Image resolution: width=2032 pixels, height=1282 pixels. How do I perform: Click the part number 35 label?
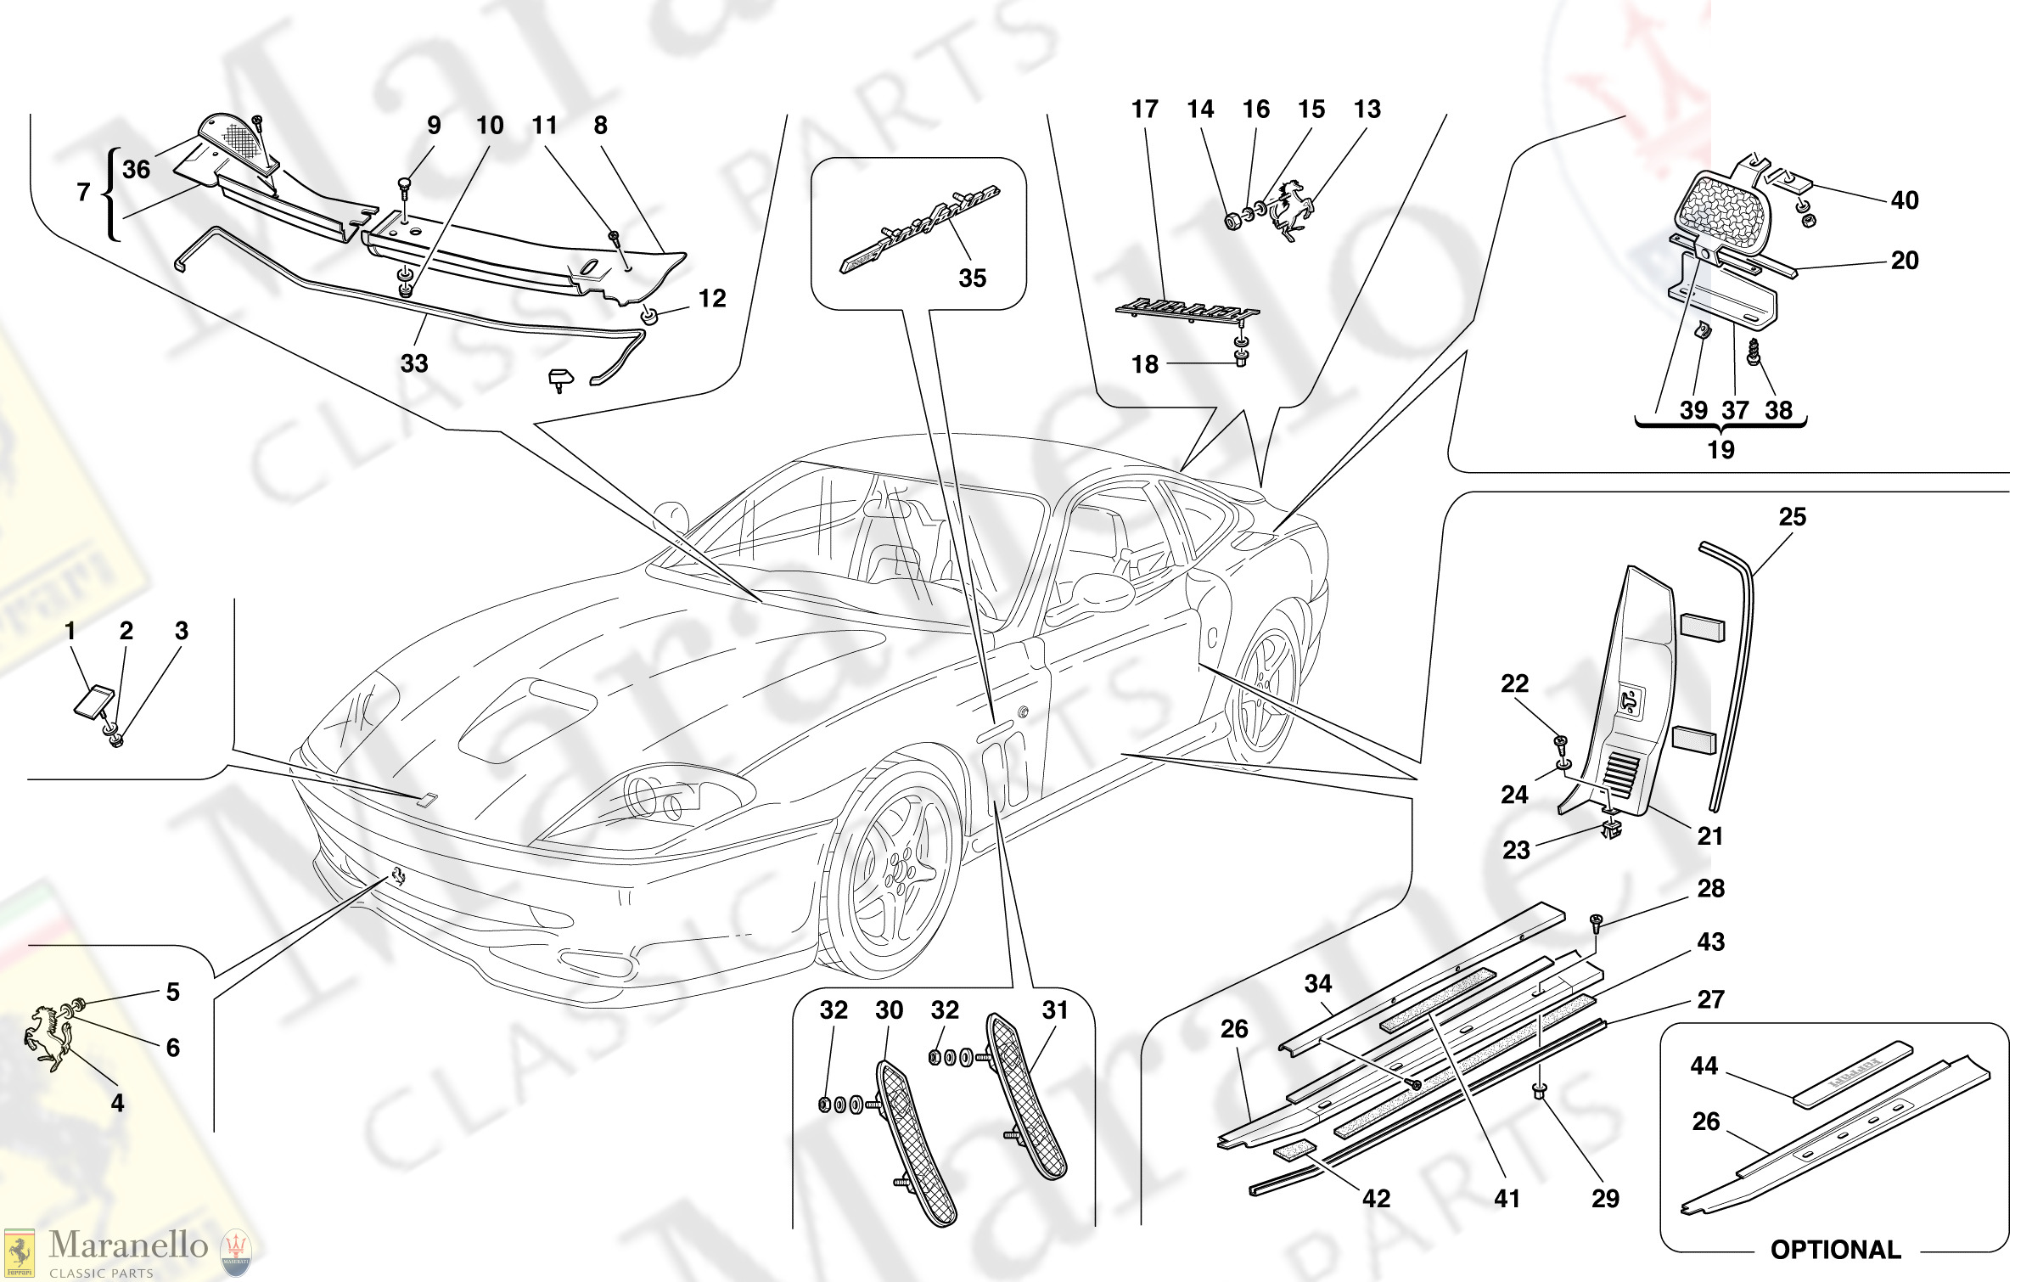(x=972, y=278)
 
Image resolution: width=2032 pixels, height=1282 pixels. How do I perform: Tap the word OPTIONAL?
(x=1835, y=1250)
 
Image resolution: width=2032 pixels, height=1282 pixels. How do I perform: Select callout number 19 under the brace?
(x=1720, y=450)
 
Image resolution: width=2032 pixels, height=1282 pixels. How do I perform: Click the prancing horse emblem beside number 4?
(x=49, y=1037)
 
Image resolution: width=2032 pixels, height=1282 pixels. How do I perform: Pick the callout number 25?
(x=1792, y=517)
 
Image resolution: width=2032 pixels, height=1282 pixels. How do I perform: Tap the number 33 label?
(x=414, y=364)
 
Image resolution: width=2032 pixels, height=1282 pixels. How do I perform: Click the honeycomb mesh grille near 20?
(x=1723, y=211)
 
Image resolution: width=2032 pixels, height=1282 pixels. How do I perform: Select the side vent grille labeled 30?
(x=917, y=1142)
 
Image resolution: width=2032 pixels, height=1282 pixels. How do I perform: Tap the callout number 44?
(x=1704, y=1066)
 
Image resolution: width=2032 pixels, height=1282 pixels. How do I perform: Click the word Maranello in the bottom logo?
(x=128, y=1245)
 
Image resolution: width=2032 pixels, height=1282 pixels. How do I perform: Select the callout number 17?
(x=1144, y=110)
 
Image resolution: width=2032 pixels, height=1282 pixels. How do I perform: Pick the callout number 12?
(x=712, y=299)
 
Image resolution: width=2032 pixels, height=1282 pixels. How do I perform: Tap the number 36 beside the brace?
(x=136, y=170)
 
